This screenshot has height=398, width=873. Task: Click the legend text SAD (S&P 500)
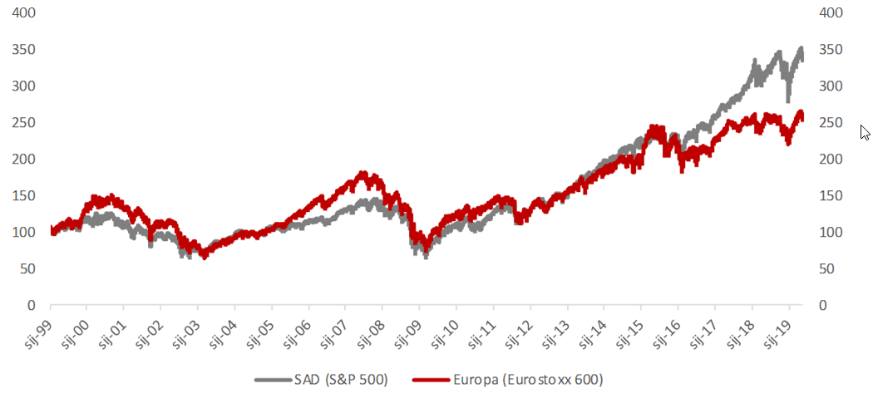[x=341, y=381]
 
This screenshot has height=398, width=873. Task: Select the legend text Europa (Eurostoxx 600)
[x=528, y=381]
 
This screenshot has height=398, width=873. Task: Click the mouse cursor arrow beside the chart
[x=865, y=131]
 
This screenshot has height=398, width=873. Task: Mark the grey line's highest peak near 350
[x=801, y=49]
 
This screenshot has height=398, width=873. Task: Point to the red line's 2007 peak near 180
[x=362, y=173]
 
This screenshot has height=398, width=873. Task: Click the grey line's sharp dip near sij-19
[x=788, y=99]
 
